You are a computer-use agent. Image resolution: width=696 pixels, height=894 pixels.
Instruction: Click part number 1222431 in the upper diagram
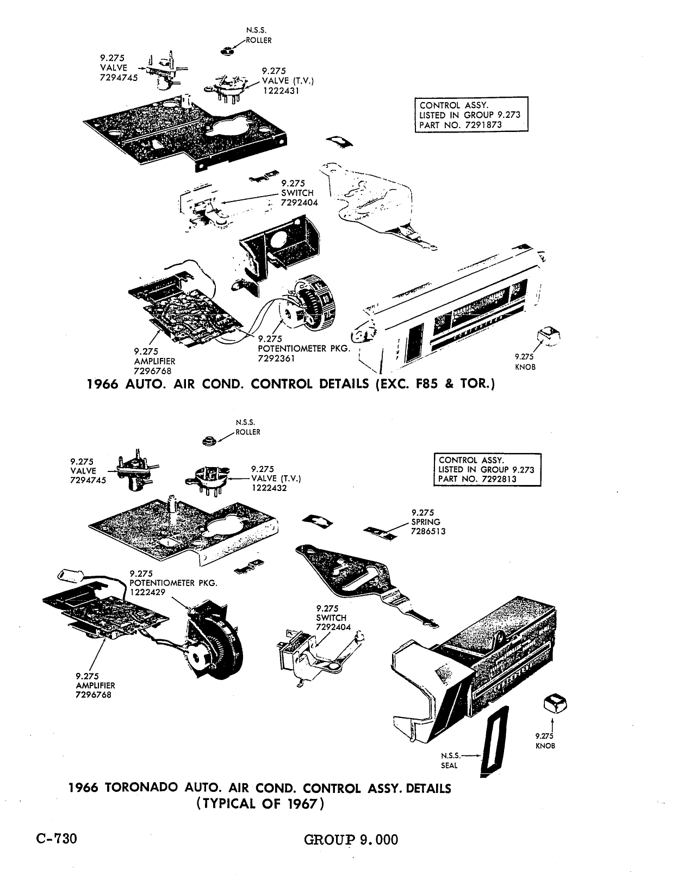pos(281,91)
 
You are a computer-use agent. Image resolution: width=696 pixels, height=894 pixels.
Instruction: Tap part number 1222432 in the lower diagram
pos(269,488)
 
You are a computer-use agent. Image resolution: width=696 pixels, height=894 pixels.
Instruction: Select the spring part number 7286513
pos(428,531)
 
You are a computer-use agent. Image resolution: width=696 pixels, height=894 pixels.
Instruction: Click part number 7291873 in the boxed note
pos(483,125)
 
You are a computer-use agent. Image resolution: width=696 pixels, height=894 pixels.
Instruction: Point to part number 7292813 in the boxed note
pos(498,479)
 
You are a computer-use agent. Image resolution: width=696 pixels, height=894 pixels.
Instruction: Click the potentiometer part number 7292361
pos(276,358)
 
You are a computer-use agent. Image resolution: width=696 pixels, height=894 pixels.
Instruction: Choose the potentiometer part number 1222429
pos(147,592)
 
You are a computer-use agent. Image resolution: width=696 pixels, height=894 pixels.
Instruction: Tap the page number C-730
pos(57,838)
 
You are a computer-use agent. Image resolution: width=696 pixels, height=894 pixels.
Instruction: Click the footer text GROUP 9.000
pos(351,840)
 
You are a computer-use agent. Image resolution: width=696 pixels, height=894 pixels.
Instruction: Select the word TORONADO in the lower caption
pos(141,788)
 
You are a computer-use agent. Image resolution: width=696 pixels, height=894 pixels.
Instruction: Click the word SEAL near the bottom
pos(449,766)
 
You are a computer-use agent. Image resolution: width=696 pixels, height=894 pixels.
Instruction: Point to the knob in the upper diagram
pos(549,335)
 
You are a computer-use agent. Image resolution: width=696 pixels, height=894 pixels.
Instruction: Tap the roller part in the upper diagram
pos(226,51)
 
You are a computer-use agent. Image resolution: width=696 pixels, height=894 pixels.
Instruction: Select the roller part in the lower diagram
pos(209,441)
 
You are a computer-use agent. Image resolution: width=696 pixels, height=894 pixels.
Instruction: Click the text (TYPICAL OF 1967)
pos(260,803)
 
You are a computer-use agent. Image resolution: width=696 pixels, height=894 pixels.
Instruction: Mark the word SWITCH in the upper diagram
pos(297,193)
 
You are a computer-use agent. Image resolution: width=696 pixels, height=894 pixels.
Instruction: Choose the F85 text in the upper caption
pos(427,384)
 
